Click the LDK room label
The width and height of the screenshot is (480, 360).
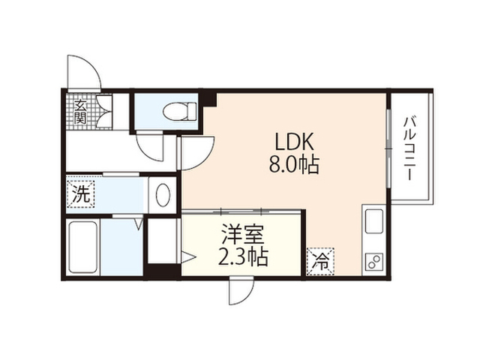tap(295, 142)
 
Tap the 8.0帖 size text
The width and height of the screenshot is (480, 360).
tap(294, 165)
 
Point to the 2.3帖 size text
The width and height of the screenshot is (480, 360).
tap(243, 256)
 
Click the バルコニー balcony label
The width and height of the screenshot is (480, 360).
tap(409, 149)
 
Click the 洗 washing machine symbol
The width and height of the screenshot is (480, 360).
tap(81, 193)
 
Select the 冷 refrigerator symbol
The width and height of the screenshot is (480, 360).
tap(320, 262)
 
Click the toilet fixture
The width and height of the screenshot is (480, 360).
tap(179, 112)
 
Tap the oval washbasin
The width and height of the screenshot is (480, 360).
tap(163, 195)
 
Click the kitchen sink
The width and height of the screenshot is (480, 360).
tap(374, 222)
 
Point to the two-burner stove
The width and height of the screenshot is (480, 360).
tap(374, 262)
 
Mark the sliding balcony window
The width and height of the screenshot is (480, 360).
tap(388, 148)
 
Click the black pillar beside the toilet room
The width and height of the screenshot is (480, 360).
tap(209, 98)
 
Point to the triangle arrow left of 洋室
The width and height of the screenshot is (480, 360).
tap(188, 257)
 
